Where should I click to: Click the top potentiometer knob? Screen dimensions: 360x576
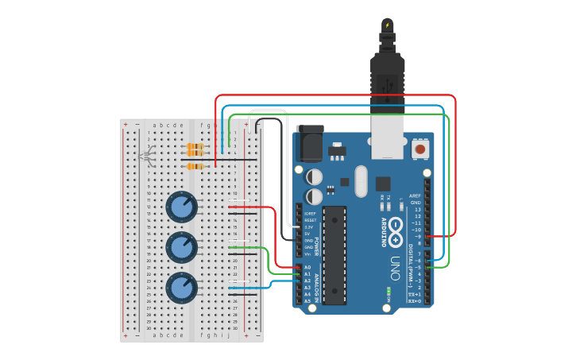[x=181, y=207]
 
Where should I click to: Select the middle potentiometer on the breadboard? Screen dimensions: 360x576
[x=181, y=248]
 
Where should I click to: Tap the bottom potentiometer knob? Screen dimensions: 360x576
[x=181, y=288]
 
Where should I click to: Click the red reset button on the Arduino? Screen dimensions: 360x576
[x=419, y=148]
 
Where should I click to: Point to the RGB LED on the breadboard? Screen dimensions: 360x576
[x=146, y=156]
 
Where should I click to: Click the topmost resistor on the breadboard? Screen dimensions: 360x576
[x=195, y=145]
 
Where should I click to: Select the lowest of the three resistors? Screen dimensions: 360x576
[x=195, y=166]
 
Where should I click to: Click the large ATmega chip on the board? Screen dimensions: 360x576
[x=334, y=255]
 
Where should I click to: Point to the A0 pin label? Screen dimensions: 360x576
[x=308, y=267]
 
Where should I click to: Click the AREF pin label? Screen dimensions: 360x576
[x=415, y=195]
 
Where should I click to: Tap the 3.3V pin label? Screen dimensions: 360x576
[x=309, y=227]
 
